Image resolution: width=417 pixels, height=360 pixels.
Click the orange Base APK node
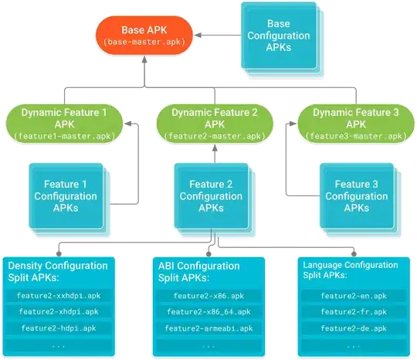[x=143, y=36]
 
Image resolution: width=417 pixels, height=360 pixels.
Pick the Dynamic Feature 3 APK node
[x=354, y=123]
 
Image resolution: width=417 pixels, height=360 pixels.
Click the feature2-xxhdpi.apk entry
[x=60, y=296]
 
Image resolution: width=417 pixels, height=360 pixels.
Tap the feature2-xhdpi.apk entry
[x=60, y=312]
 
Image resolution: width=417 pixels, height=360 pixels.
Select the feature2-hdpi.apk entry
[x=60, y=328]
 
